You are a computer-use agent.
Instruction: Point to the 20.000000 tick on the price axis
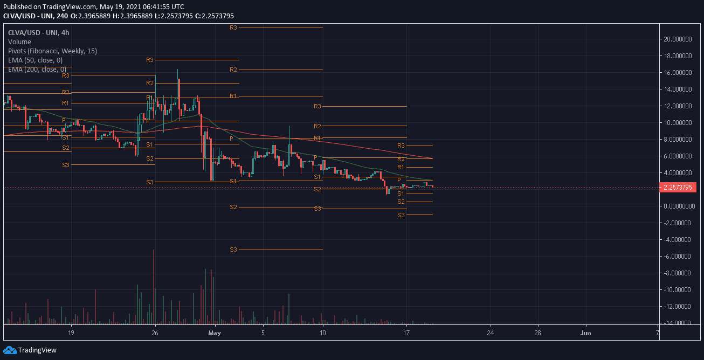coord(678,39)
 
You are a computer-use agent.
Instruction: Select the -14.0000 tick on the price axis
coord(679,323)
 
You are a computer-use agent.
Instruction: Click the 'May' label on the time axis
coord(215,333)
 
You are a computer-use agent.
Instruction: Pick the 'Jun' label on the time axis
coord(586,333)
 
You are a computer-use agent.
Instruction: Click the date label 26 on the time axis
coord(155,333)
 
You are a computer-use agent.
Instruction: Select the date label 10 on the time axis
coord(323,333)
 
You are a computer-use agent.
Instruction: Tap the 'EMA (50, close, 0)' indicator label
coord(35,60)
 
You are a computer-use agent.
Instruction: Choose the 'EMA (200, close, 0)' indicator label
coord(37,69)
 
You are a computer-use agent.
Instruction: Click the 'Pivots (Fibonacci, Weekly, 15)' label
coord(52,51)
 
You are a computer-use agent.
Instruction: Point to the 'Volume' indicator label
coord(19,41)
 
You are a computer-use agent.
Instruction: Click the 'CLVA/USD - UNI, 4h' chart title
coord(35,32)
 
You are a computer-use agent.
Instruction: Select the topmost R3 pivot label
coord(233,27)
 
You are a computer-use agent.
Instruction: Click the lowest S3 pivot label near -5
coord(233,250)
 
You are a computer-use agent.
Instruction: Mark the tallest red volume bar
coord(154,286)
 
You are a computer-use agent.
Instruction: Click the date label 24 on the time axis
coord(491,333)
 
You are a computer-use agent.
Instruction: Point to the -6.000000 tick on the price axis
coord(679,257)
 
